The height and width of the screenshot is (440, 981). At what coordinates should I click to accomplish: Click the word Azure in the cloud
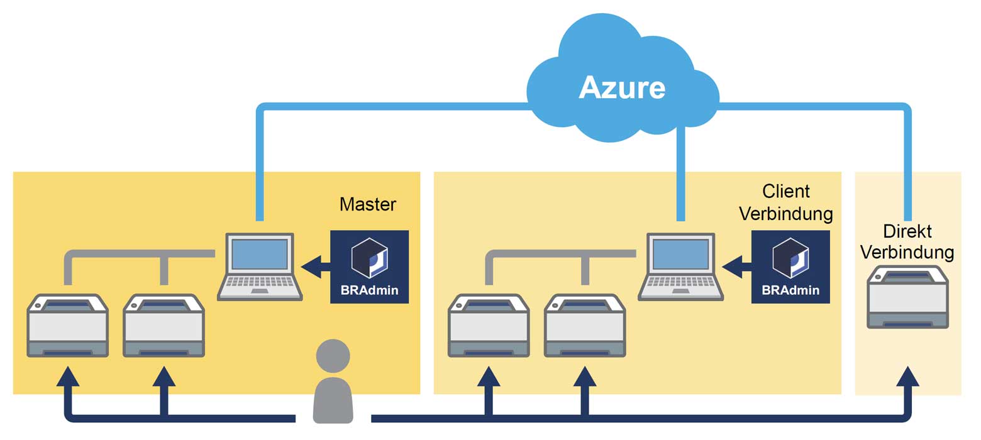point(622,87)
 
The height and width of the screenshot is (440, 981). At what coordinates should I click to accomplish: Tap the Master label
point(368,204)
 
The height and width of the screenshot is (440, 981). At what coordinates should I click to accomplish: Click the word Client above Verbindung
point(785,191)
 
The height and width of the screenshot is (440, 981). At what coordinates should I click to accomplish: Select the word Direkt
point(907,231)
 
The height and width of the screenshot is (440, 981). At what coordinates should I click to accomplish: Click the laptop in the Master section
point(260,267)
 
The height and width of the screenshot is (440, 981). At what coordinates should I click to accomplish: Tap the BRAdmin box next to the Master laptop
point(369,267)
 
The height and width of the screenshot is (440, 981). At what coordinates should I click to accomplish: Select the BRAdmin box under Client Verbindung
point(790,267)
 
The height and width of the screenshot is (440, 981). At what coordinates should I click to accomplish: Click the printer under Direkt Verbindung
point(907,297)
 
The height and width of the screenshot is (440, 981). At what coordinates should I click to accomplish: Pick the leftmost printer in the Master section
point(67,326)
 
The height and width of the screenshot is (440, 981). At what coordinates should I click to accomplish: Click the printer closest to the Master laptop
point(163,326)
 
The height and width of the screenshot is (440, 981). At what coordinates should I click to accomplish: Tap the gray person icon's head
point(333,356)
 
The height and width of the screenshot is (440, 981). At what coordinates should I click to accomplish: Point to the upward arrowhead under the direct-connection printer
point(907,377)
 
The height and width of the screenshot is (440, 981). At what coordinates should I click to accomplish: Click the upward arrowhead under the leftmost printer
point(68,377)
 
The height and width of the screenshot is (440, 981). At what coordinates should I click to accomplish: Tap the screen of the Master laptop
point(260,254)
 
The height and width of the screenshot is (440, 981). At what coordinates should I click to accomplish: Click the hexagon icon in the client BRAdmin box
point(790,258)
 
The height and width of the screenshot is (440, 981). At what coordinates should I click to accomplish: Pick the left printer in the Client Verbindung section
point(489,326)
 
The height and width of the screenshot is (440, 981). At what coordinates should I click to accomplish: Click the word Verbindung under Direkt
point(907,252)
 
